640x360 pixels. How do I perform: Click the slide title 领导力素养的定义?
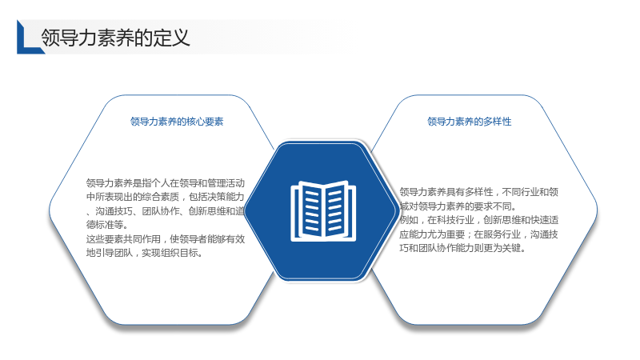click(x=115, y=38)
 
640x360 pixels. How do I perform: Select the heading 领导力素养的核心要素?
click(x=177, y=122)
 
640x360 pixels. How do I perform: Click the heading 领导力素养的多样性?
click(x=470, y=122)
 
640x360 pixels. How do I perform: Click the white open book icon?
click(x=323, y=210)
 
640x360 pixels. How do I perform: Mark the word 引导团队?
click(x=114, y=253)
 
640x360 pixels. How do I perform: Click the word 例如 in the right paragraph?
click(x=409, y=220)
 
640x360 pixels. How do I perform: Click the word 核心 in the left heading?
click(x=195, y=122)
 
